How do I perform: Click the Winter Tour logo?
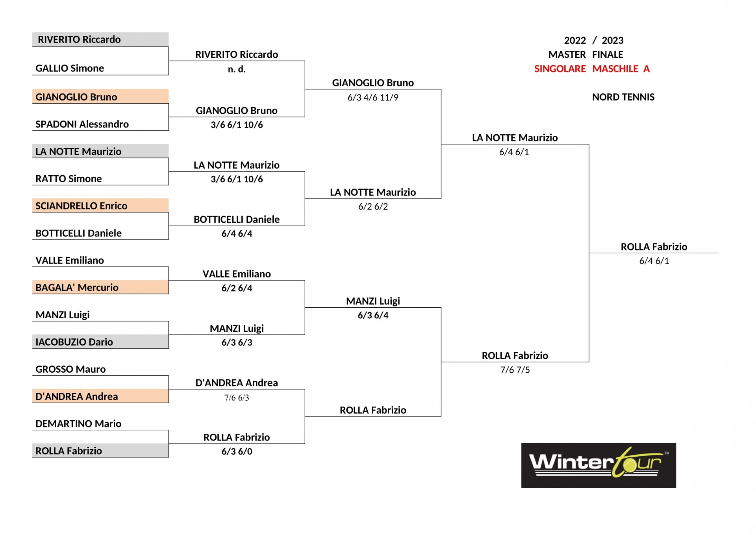pyautogui.click(x=598, y=465)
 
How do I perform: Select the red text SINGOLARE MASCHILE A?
pyautogui.click(x=592, y=69)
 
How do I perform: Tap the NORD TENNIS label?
pyautogui.click(x=623, y=97)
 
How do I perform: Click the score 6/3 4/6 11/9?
pyautogui.click(x=373, y=97)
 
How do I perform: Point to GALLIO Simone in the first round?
pyautogui.click(x=70, y=68)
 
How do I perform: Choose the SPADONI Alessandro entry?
pyautogui.click(x=82, y=124)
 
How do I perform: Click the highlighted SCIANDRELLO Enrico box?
pyautogui.click(x=100, y=205)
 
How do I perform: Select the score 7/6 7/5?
pyautogui.click(x=515, y=370)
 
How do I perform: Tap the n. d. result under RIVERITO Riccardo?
pyautogui.click(x=237, y=69)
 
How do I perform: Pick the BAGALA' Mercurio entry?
pyautogui.click(x=100, y=287)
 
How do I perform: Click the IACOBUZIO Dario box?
pyautogui.click(x=100, y=342)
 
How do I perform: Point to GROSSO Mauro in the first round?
pyautogui.click(x=70, y=369)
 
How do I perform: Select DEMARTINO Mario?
pyautogui.click(x=78, y=424)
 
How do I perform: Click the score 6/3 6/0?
pyautogui.click(x=237, y=451)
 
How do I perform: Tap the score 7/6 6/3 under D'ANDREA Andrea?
pyautogui.click(x=237, y=398)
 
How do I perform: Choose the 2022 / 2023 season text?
pyautogui.click(x=594, y=41)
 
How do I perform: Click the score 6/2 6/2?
pyautogui.click(x=373, y=206)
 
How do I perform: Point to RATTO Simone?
pyautogui.click(x=69, y=178)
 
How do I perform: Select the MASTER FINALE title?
pyautogui.click(x=586, y=54)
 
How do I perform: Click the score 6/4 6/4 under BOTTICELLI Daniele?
pyautogui.click(x=237, y=234)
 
